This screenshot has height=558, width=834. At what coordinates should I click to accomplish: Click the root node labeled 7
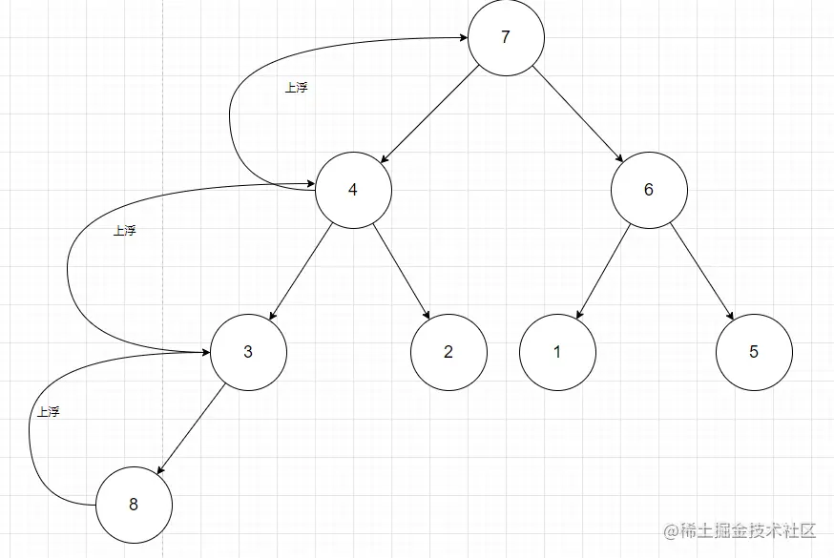tap(506, 38)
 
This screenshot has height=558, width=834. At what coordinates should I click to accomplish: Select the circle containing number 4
tap(353, 189)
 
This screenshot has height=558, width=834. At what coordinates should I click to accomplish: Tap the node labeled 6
tap(649, 189)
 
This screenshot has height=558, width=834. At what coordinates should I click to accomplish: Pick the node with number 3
tap(248, 352)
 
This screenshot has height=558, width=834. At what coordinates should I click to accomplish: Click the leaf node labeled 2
tap(448, 352)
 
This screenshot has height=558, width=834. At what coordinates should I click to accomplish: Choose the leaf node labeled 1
tap(557, 352)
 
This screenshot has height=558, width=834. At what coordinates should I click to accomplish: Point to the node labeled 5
tap(754, 352)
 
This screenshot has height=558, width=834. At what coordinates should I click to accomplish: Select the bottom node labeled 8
tap(134, 506)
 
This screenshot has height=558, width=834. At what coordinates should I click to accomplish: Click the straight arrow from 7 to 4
tap(429, 114)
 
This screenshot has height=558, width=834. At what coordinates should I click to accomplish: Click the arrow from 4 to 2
tap(401, 271)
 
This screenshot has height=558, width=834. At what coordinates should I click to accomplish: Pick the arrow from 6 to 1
tap(603, 271)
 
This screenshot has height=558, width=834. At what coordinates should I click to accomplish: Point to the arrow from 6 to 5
tap(701, 271)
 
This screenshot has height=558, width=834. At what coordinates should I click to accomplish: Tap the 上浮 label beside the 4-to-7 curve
tap(297, 88)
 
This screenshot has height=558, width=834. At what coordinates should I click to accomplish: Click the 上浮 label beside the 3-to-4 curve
tap(124, 231)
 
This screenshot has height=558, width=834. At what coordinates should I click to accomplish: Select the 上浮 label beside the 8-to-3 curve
tap(48, 412)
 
